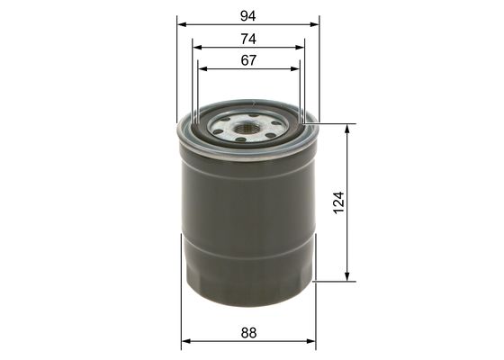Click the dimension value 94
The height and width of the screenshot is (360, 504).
click(x=248, y=16)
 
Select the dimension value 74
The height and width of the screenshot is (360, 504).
click(x=248, y=40)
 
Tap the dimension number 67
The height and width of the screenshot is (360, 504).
click(x=248, y=60)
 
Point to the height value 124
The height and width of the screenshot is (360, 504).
click(x=338, y=202)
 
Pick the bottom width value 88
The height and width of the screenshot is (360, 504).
click(x=248, y=333)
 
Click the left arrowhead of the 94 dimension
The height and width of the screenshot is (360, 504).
click(x=182, y=25)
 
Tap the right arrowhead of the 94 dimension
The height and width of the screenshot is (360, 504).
click(x=314, y=25)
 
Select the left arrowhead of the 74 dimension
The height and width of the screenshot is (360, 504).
click(x=197, y=48)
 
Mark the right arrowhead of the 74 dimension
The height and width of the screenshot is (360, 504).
click(x=299, y=48)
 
